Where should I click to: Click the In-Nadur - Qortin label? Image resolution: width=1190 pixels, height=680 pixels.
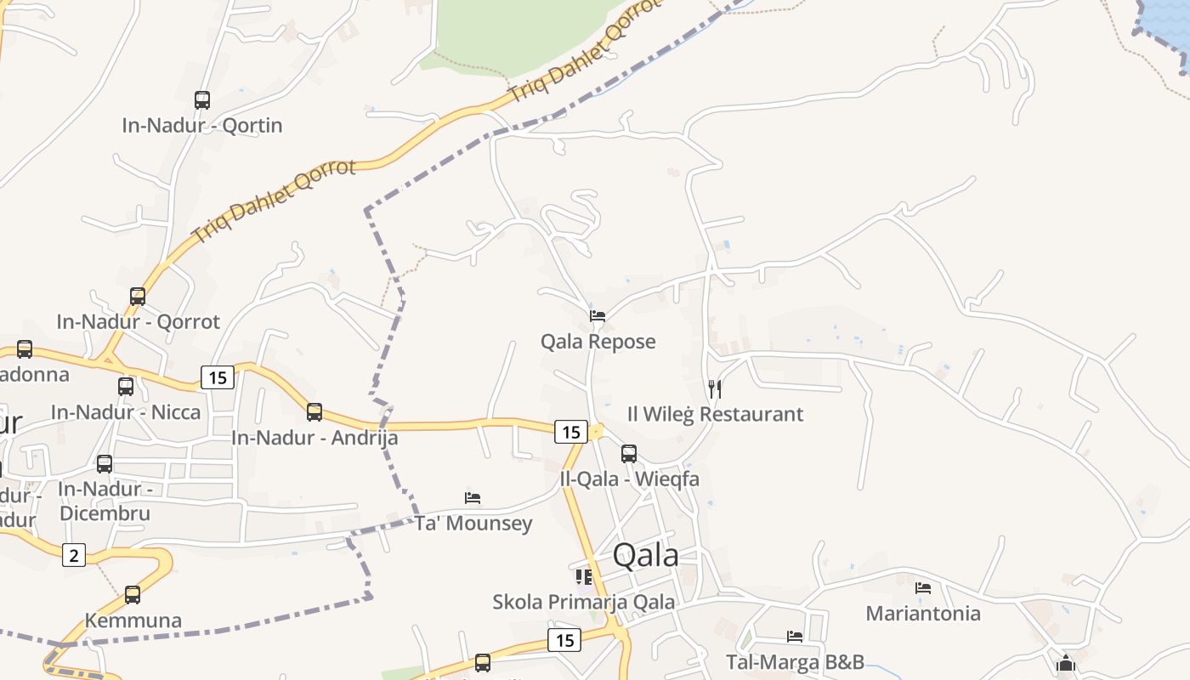pyautogui.click(x=201, y=126)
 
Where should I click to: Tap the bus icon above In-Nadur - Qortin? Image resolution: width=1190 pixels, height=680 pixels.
pyautogui.click(x=202, y=100)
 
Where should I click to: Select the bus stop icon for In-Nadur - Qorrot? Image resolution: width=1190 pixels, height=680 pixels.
pyautogui.click(x=138, y=297)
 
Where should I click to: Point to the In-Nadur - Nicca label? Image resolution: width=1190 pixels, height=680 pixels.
pyautogui.click(x=126, y=413)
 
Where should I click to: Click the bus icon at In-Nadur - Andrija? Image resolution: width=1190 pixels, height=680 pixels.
pyautogui.click(x=314, y=412)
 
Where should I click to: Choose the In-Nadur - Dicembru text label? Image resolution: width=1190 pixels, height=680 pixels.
pyautogui.click(x=105, y=501)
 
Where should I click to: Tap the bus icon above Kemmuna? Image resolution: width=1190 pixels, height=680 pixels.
pyautogui.click(x=133, y=595)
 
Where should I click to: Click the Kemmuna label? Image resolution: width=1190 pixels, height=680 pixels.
pyautogui.click(x=133, y=620)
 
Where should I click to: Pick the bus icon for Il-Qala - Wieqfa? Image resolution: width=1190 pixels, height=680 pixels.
pyautogui.click(x=629, y=454)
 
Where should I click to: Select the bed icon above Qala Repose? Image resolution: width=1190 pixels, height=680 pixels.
pyautogui.click(x=598, y=316)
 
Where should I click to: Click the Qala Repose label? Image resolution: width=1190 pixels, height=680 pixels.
pyautogui.click(x=598, y=342)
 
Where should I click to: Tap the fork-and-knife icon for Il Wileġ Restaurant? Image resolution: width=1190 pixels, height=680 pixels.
pyautogui.click(x=715, y=389)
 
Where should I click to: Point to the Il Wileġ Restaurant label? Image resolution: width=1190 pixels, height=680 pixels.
pyautogui.click(x=715, y=415)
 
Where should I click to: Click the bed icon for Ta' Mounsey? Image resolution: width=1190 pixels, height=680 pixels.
pyautogui.click(x=473, y=497)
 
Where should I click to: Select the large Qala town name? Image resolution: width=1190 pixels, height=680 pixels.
pyautogui.click(x=646, y=556)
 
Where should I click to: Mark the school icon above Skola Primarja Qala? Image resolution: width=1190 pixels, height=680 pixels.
pyautogui.click(x=584, y=577)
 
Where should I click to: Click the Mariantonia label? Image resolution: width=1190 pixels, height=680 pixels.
pyautogui.click(x=923, y=614)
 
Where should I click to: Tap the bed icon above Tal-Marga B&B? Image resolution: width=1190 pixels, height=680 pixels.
pyautogui.click(x=795, y=636)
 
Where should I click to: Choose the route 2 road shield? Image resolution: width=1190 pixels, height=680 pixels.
pyautogui.click(x=74, y=556)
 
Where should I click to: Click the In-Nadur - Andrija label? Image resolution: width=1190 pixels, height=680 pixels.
pyautogui.click(x=314, y=439)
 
